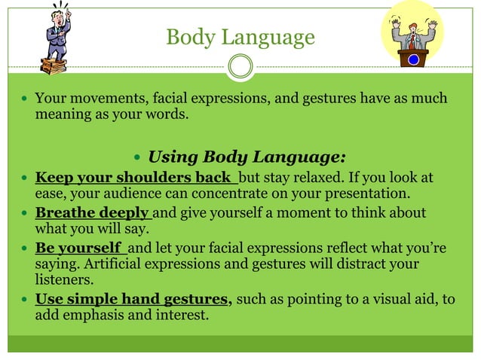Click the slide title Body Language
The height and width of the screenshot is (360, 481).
point(240,36)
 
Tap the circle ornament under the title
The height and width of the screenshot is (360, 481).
point(240,66)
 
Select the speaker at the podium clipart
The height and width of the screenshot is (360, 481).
point(412,34)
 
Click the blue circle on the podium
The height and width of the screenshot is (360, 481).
point(413,59)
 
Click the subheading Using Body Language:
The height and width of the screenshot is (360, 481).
point(247,157)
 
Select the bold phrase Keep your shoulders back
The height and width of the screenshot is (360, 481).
point(133,178)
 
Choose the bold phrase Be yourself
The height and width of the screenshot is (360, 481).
point(78,248)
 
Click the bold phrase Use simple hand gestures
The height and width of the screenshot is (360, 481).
point(132,299)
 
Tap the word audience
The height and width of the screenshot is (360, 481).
point(124,193)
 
